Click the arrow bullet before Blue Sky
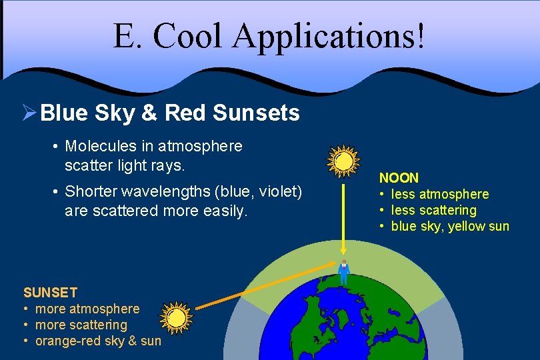pyautogui.click(x=29, y=113)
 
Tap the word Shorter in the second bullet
pyautogui.click(x=93, y=192)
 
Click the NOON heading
pyautogui.click(x=399, y=178)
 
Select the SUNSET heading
pyautogui.click(x=50, y=293)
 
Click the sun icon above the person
pyautogui.click(x=344, y=160)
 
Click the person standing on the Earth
pyautogui.click(x=344, y=271)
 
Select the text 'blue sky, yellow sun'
pyautogui.click(x=450, y=227)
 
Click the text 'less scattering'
pyautogui.click(x=433, y=211)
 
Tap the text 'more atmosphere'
pyautogui.click(x=87, y=309)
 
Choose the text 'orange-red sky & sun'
pyautogui.click(x=98, y=341)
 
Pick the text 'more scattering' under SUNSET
pyautogui.click(x=81, y=325)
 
